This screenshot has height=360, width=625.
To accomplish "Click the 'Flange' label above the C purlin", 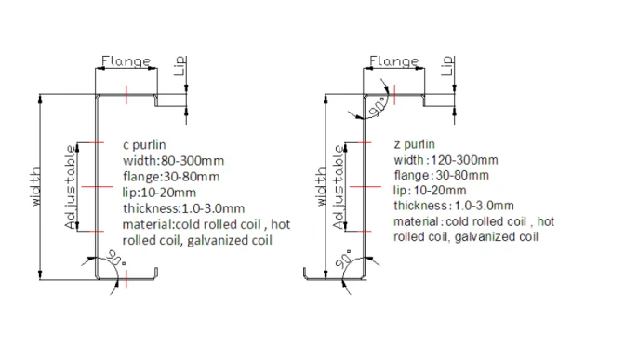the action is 126,61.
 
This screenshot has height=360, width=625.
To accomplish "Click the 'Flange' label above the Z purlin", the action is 393,61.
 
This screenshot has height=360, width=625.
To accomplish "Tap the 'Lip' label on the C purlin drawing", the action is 181,66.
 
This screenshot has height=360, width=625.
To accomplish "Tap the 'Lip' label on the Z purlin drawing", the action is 448,66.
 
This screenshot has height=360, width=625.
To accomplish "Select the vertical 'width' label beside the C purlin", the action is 36,187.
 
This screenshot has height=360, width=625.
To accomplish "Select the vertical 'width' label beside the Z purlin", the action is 321,187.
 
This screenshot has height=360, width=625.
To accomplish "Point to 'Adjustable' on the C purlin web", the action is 70,187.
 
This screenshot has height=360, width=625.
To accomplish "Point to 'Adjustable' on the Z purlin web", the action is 339,187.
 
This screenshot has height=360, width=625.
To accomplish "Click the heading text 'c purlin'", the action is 144,145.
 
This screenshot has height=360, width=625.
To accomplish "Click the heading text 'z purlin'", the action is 414,144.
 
